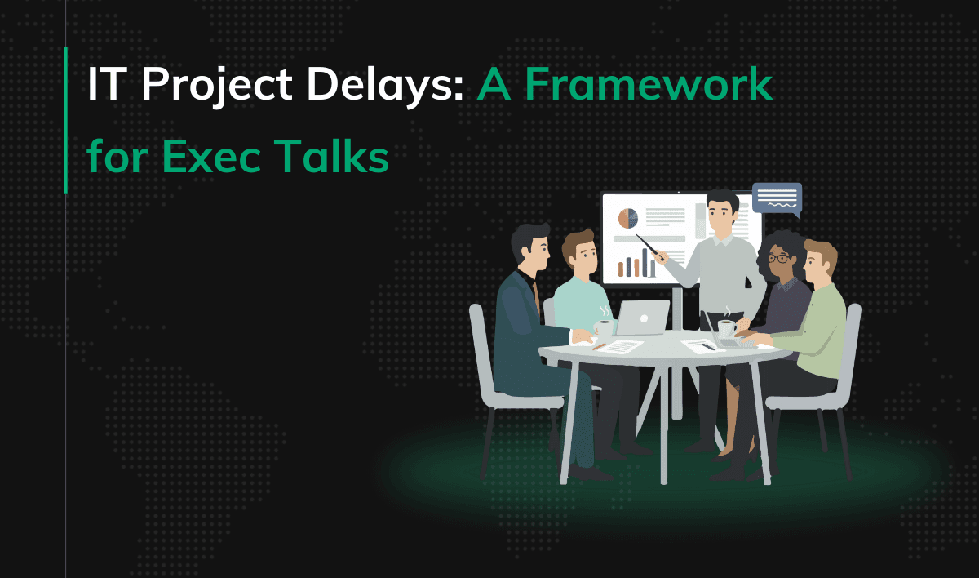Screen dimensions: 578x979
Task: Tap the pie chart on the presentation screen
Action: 627,218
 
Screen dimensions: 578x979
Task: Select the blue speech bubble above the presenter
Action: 776,198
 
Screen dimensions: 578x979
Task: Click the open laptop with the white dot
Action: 642,318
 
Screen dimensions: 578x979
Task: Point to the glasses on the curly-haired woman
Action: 779,259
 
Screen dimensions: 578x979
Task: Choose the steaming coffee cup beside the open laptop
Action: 604,326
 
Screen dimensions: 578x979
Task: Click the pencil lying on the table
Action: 600,346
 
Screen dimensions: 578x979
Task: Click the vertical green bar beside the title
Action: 65,121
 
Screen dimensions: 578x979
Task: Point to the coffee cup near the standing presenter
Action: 726,327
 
